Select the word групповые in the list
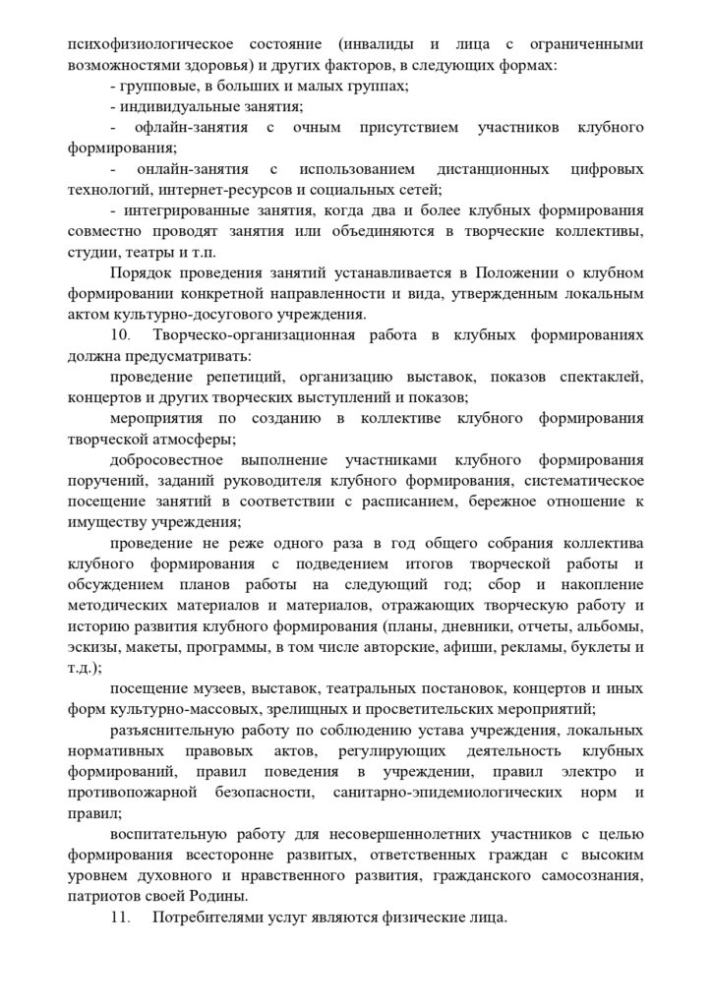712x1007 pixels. click(x=157, y=87)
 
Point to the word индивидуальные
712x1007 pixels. click(x=176, y=107)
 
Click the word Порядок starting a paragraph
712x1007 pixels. click(x=143, y=272)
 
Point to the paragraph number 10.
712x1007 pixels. click(x=119, y=334)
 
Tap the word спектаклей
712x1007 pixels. click(x=605, y=376)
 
